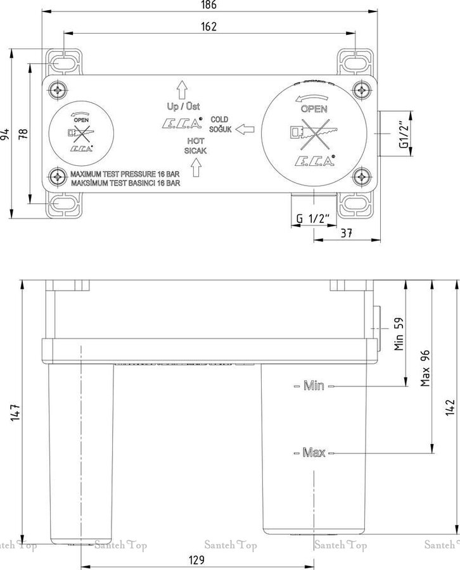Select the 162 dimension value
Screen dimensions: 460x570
(x=208, y=27)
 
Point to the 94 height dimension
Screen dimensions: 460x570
(x=4, y=134)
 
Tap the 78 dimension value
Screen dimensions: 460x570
(x=23, y=134)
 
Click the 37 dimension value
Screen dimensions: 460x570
(x=346, y=233)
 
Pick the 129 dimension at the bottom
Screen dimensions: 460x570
(x=196, y=560)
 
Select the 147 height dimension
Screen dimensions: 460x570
(x=15, y=412)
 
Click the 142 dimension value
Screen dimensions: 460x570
(x=450, y=407)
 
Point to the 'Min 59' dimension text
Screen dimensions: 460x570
(x=399, y=334)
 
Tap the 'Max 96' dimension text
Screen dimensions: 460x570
(x=425, y=368)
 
